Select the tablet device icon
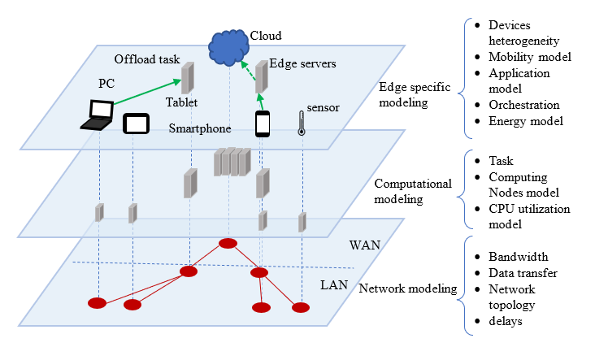tap(135, 124)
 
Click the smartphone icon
tap(263, 124)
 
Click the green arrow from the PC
tap(146, 92)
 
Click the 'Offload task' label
tap(146, 59)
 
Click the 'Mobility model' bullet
tap(531, 58)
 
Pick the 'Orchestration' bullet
tap(524, 105)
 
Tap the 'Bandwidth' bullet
tap(518, 257)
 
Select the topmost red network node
tap(228, 243)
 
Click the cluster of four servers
tap(232, 162)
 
